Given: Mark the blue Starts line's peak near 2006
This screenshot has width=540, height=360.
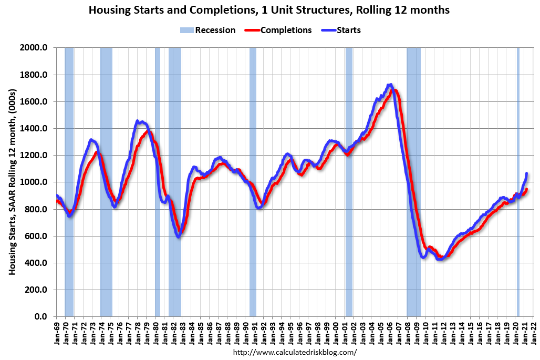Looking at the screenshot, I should point(389,85).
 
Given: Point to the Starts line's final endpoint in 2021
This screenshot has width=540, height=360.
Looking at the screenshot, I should point(526,173).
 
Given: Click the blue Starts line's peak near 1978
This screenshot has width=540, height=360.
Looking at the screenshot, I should point(138,121).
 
